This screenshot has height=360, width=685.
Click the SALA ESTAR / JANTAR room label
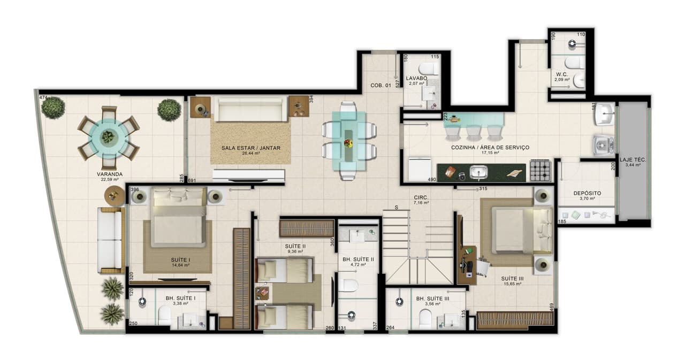(x=251, y=148)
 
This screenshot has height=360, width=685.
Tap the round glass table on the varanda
(x=109, y=137)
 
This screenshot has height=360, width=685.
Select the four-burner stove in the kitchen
(x=540, y=171)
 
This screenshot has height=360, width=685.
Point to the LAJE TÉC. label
(x=633, y=159)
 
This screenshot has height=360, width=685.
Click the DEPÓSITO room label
(x=587, y=193)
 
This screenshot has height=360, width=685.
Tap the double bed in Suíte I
(x=178, y=217)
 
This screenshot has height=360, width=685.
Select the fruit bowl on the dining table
(x=348, y=143)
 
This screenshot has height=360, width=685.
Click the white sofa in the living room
(x=250, y=110)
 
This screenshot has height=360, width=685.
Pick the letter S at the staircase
(x=397, y=207)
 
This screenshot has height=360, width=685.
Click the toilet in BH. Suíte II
(x=348, y=285)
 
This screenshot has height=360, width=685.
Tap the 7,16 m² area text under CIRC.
(x=421, y=203)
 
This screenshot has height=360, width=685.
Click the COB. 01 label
(x=380, y=86)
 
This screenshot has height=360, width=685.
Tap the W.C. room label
(x=561, y=74)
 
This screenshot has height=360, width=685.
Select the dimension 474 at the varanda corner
(x=43, y=97)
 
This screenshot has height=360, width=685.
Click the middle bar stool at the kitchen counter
(x=474, y=131)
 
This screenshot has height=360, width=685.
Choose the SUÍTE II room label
(x=295, y=246)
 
